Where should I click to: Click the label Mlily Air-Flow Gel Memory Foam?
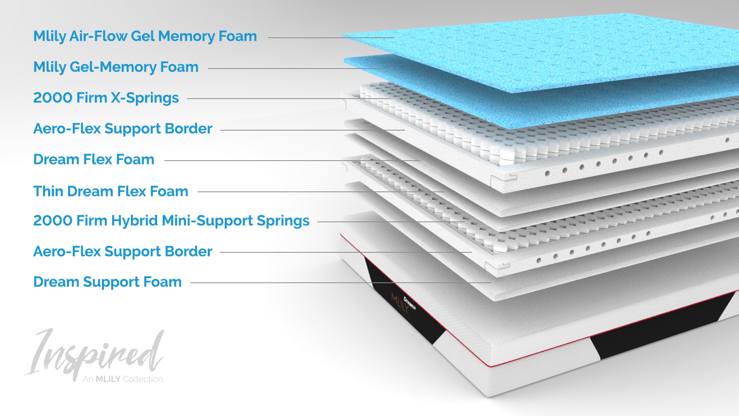[145, 37]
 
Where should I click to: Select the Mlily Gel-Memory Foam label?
[116, 67]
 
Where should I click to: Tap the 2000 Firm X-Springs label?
[106, 98]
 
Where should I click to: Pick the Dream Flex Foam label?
[94, 159]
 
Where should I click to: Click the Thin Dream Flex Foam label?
[111, 191]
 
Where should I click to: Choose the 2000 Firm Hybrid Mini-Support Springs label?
[171, 221]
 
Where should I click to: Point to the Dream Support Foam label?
[107, 282]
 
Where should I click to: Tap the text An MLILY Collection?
[123, 379]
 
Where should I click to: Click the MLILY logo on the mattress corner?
[400, 303]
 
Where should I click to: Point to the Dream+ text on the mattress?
[410, 303]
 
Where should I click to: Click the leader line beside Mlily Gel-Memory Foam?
[301, 69]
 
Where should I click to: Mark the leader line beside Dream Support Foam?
[341, 283]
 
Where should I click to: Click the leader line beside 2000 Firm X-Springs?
[289, 99]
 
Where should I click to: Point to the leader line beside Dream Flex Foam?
[291, 161]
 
